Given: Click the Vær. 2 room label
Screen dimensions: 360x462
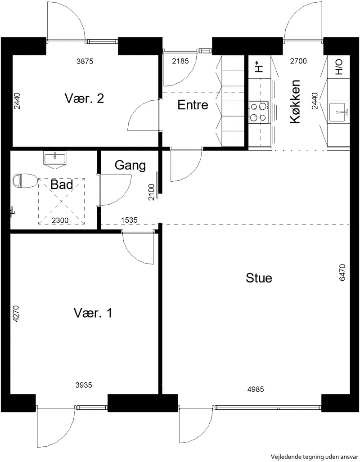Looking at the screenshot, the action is pyautogui.click(x=84, y=98).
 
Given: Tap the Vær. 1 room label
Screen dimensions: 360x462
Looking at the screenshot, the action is pyautogui.click(x=93, y=313).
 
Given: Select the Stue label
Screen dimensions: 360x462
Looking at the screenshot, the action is pyautogui.click(x=259, y=278).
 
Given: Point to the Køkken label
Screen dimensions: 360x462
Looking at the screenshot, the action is pyautogui.click(x=295, y=102).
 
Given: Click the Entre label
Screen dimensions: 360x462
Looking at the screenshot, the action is pyautogui.click(x=193, y=105).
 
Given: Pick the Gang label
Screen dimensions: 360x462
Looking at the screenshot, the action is pyautogui.click(x=130, y=165).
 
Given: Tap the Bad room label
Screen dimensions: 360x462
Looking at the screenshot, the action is pyautogui.click(x=62, y=185).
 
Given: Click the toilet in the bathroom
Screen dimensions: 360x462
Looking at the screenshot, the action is pyautogui.click(x=25, y=180).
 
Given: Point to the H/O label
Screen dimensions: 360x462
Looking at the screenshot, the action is pyautogui.click(x=339, y=67).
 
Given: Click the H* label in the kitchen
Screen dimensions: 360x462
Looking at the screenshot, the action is pyautogui.click(x=259, y=67).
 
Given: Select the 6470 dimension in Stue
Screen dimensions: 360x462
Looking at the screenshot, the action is pyautogui.click(x=342, y=273).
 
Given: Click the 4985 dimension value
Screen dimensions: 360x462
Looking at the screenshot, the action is pyautogui.click(x=256, y=389).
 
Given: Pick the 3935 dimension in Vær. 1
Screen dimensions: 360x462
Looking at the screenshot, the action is pyautogui.click(x=84, y=385).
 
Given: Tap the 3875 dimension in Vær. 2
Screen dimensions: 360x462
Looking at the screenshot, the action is pyautogui.click(x=85, y=61).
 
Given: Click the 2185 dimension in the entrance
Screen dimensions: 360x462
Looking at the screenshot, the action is pyautogui.click(x=180, y=61).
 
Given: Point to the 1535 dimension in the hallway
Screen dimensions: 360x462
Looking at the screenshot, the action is pyautogui.click(x=129, y=220).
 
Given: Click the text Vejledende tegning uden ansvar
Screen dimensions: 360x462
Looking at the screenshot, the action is pyautogui.click(x=315, y=457).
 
